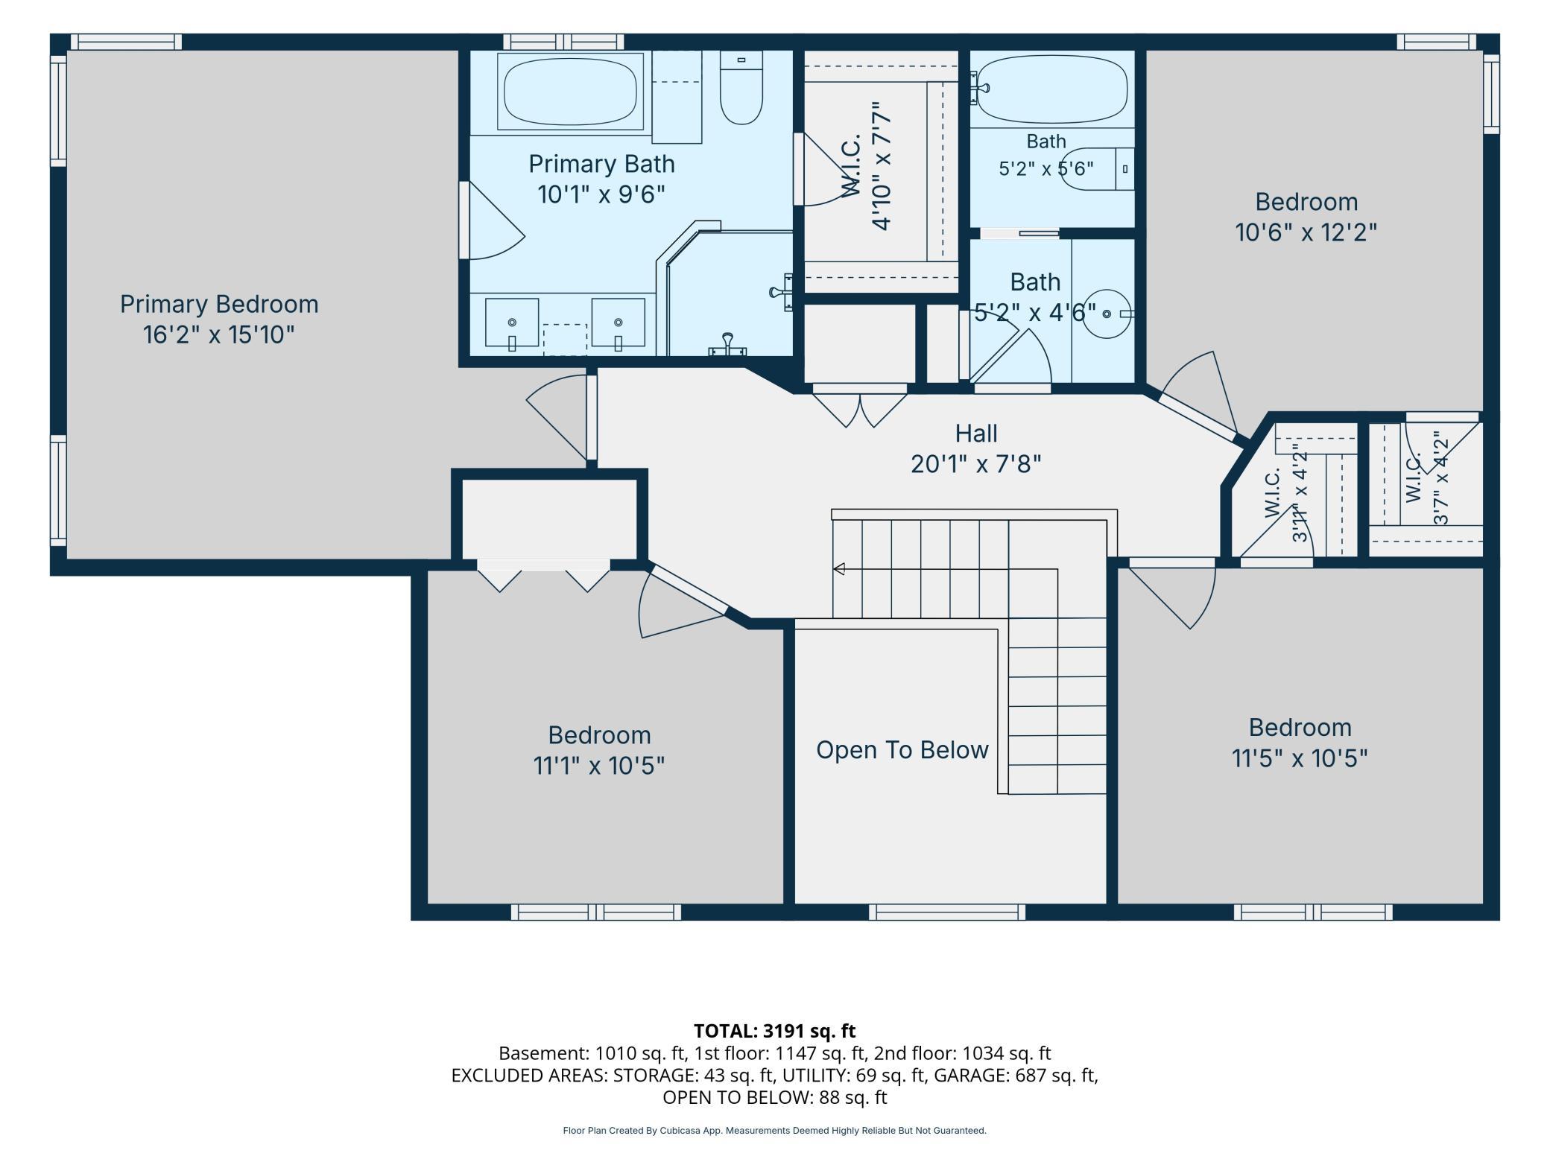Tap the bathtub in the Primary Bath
[570, 91]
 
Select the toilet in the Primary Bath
[741, 88]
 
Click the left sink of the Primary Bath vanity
[512, 323]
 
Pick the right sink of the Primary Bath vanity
[619, 323]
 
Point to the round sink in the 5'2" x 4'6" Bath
[1107, 314]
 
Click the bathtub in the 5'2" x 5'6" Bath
[1051, 89]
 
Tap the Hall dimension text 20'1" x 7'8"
[975, 464]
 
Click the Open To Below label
[902, 749]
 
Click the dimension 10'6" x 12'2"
[1306, 232]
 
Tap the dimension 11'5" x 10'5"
[1300, 758]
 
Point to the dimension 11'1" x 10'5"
[599, 766]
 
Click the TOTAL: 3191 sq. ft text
[774, 1031]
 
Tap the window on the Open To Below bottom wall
[946, 912]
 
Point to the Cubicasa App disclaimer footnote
[774, 1131]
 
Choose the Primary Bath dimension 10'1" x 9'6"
[601, 194]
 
